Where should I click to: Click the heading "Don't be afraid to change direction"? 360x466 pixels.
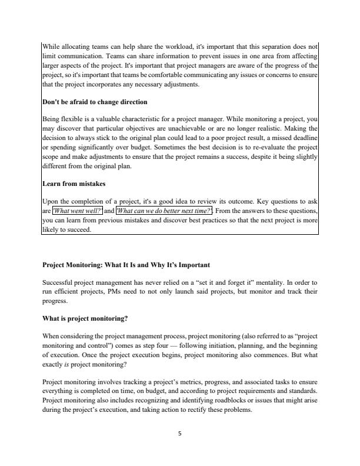pyautogui.click(x=94, y=102)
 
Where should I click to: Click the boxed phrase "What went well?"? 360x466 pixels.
pyautogui.click(x=78, y=211)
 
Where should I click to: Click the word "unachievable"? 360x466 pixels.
pyautogui.click(x=197, y=129)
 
